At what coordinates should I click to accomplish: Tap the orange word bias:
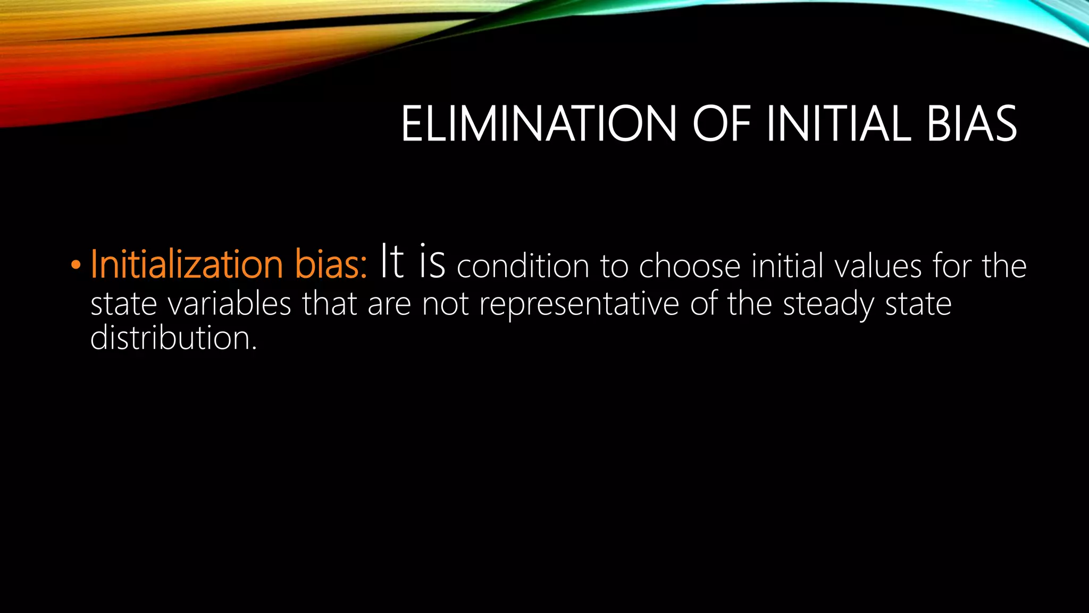(x=330, y=264)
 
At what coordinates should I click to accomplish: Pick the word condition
(x=523, y=266)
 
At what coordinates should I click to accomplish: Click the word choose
(x=689, y=266)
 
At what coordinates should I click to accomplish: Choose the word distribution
(x=173, y=338)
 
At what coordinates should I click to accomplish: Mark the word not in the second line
(x=445, y=304)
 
